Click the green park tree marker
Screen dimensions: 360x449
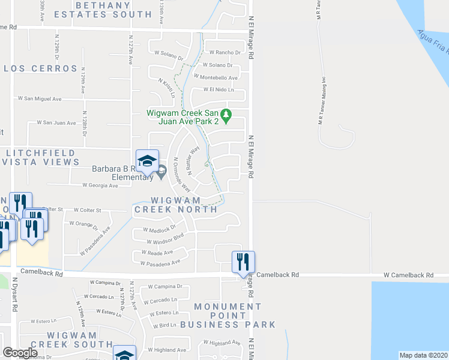tap(226, 115)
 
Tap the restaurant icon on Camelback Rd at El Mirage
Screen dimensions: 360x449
tap(243, 262)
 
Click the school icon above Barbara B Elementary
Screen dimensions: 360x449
tap(147, 160)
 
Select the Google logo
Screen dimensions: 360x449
tap(20, 353)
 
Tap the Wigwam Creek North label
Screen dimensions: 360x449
tap(176, 205)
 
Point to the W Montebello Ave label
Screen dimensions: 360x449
tap(215, 77)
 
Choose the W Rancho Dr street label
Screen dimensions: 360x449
tap(225, 53)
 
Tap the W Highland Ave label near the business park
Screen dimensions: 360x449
tap(221, 343)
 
